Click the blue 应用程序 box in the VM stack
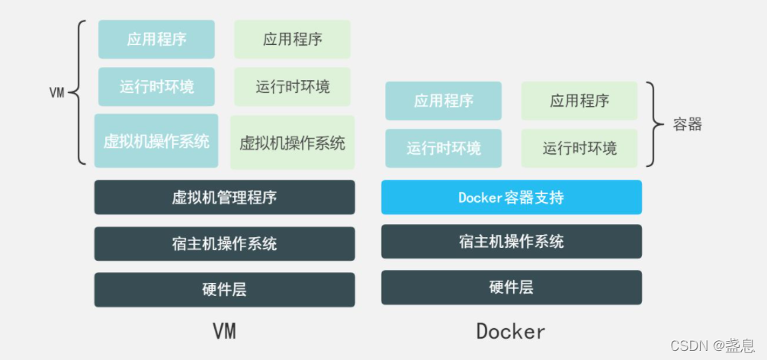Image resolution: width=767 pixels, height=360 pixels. (156, 39)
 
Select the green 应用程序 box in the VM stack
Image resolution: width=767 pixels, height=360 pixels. (292, 39)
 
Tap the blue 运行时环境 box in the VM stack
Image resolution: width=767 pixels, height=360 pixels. (156, 86)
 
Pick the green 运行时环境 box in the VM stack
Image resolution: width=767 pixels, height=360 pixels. (292, 86)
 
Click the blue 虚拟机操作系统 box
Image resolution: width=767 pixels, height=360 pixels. (156, 141)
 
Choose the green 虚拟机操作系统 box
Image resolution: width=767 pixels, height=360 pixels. (292, 143)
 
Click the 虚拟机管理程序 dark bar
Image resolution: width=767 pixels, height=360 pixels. (224, 198)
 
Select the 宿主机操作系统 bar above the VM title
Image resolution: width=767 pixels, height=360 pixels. (224, 244)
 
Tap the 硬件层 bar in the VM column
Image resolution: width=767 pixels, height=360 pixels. (224, 290)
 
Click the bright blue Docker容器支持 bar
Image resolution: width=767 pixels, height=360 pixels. (511, 198)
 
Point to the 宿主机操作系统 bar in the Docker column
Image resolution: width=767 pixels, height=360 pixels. (511, 242)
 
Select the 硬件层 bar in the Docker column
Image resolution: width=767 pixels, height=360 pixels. (511, 288)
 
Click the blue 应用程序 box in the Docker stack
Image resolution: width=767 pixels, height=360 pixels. (444, 101)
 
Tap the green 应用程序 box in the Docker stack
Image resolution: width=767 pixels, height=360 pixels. (579, 101)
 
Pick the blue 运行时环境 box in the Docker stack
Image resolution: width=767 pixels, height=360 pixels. (444, 148)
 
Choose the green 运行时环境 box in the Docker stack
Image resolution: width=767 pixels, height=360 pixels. (579, 148)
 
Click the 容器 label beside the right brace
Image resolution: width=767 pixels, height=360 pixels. (687, 124)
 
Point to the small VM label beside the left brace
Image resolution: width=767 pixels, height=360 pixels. (56, 93)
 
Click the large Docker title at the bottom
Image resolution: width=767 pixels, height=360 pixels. (510, 331)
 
